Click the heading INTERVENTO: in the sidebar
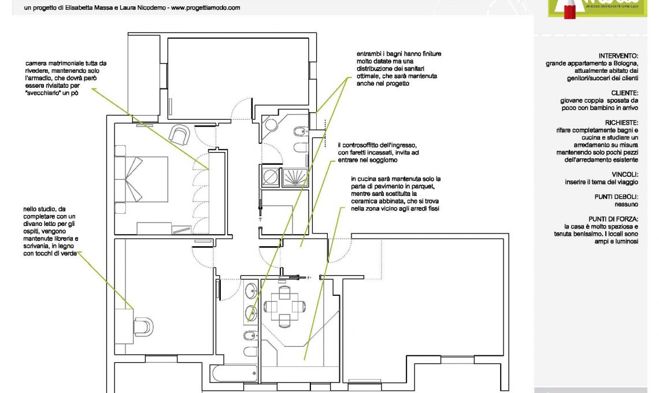pos(618,56)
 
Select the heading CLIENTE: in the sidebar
pos(624,93)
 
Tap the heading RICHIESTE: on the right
pos(621,123)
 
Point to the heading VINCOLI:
pos(625,175)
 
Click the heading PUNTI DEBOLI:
pos(616,196)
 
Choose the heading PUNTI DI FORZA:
pos(613,219)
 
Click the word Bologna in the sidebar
pos(625,64)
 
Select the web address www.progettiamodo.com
pos(206,8)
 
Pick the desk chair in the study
pos(143,327)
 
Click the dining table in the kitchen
pos(284,306)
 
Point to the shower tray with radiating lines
pos(295,177)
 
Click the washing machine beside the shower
pos(270,177)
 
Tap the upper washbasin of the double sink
pos(251,291)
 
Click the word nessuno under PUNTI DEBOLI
pos(626,204)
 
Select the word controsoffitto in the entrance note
pos(360,146)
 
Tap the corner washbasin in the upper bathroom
pos(270,124)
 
